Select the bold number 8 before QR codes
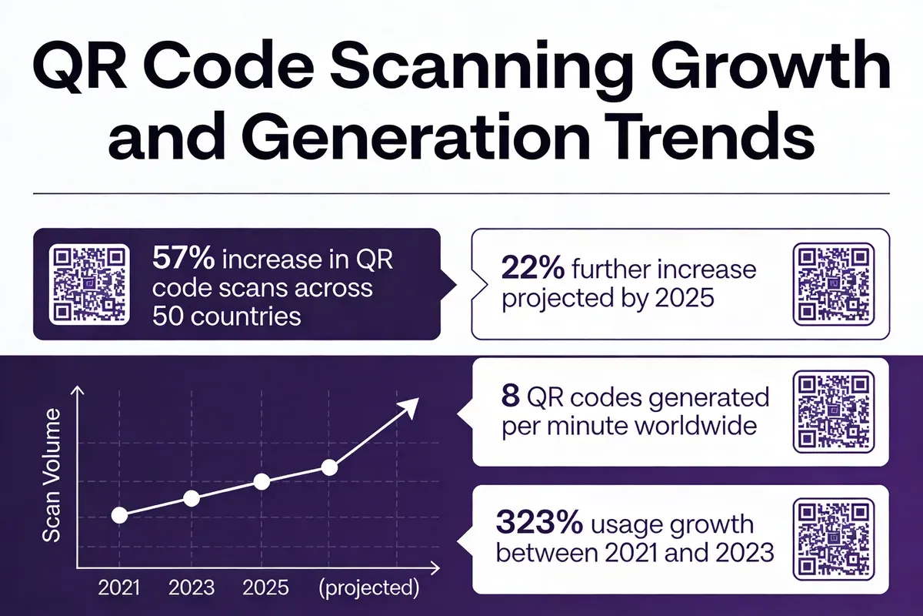tap(511, 398)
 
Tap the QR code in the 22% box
tap(834, 284)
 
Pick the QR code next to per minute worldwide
tap(834, 411)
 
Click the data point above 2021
tap(119, 515)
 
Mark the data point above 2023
tap(192, 498)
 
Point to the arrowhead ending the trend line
tap(412, 406)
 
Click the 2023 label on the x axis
tap(192, 589)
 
